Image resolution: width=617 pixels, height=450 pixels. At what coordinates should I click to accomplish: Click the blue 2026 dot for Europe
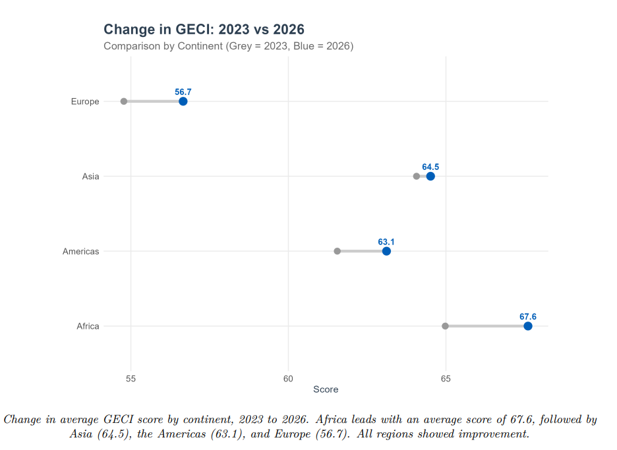183,101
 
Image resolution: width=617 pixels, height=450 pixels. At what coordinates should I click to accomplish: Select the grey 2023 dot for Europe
124,101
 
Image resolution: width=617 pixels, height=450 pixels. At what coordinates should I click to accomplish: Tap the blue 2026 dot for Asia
430,176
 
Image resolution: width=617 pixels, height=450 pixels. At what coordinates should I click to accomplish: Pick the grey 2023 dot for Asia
416,176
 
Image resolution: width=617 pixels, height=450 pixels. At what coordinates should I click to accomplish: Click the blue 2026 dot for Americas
386,251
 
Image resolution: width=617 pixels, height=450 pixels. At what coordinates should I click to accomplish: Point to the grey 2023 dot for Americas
338,251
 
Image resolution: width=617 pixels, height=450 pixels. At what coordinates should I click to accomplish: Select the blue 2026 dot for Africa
528,326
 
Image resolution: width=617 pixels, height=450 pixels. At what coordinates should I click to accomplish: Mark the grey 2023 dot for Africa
445,326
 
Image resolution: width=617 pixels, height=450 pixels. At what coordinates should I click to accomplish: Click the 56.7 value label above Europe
183,92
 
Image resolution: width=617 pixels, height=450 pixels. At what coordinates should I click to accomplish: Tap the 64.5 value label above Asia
430,167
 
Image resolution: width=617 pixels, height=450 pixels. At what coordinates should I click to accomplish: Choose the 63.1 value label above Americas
386,242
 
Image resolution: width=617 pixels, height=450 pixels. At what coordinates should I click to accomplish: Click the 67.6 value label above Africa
528,317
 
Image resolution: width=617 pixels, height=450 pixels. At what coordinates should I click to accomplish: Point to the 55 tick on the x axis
131,378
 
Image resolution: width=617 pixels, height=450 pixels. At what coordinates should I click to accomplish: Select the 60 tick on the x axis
288,378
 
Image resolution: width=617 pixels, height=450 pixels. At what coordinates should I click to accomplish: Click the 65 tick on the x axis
446,378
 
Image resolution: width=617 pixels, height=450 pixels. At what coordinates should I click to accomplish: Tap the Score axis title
326,389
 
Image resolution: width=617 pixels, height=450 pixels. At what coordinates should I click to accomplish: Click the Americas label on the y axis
80,251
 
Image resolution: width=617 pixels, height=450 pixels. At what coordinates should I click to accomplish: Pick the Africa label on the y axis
88,326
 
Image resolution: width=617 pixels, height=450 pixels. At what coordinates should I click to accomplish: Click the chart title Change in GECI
204,29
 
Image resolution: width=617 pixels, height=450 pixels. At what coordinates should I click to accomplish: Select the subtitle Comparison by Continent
228,46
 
